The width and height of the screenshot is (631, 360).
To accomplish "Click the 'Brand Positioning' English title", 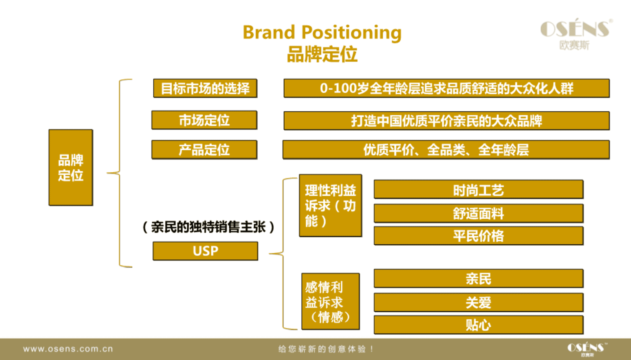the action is pos(322,33).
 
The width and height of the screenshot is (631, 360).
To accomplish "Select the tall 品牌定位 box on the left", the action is pos(71,167).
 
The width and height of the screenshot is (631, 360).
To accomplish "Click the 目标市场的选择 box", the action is pos(205,88).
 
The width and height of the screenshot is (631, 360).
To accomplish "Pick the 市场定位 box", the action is pos(204,120).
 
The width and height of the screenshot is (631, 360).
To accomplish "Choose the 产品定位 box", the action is pos(204,150).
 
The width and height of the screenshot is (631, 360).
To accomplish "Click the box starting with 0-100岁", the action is pos(447,88).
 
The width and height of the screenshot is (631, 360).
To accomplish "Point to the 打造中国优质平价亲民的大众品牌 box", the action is pos(447,121).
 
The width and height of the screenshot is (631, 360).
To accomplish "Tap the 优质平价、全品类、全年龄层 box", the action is pos(446,150).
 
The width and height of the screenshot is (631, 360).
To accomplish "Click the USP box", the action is pos(205,251).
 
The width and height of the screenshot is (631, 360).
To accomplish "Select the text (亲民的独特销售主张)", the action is pos(209,227).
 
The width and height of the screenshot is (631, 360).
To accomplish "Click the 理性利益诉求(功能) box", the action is pos(330,205).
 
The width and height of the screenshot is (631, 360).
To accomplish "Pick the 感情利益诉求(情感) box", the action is pos(331,301).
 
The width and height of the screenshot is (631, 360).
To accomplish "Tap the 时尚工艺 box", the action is pos(479,189).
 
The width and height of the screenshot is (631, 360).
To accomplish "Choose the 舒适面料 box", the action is pos(479,213).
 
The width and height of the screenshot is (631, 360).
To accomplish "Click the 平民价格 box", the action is pos(479,236).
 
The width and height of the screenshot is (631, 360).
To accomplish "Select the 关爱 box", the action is pos(479,302).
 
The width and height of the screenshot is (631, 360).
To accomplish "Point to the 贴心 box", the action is pos(479,325).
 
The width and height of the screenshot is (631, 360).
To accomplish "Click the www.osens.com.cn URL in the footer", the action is pos(68,349).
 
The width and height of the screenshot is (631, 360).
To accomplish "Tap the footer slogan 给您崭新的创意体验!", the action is pos(326,349).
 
